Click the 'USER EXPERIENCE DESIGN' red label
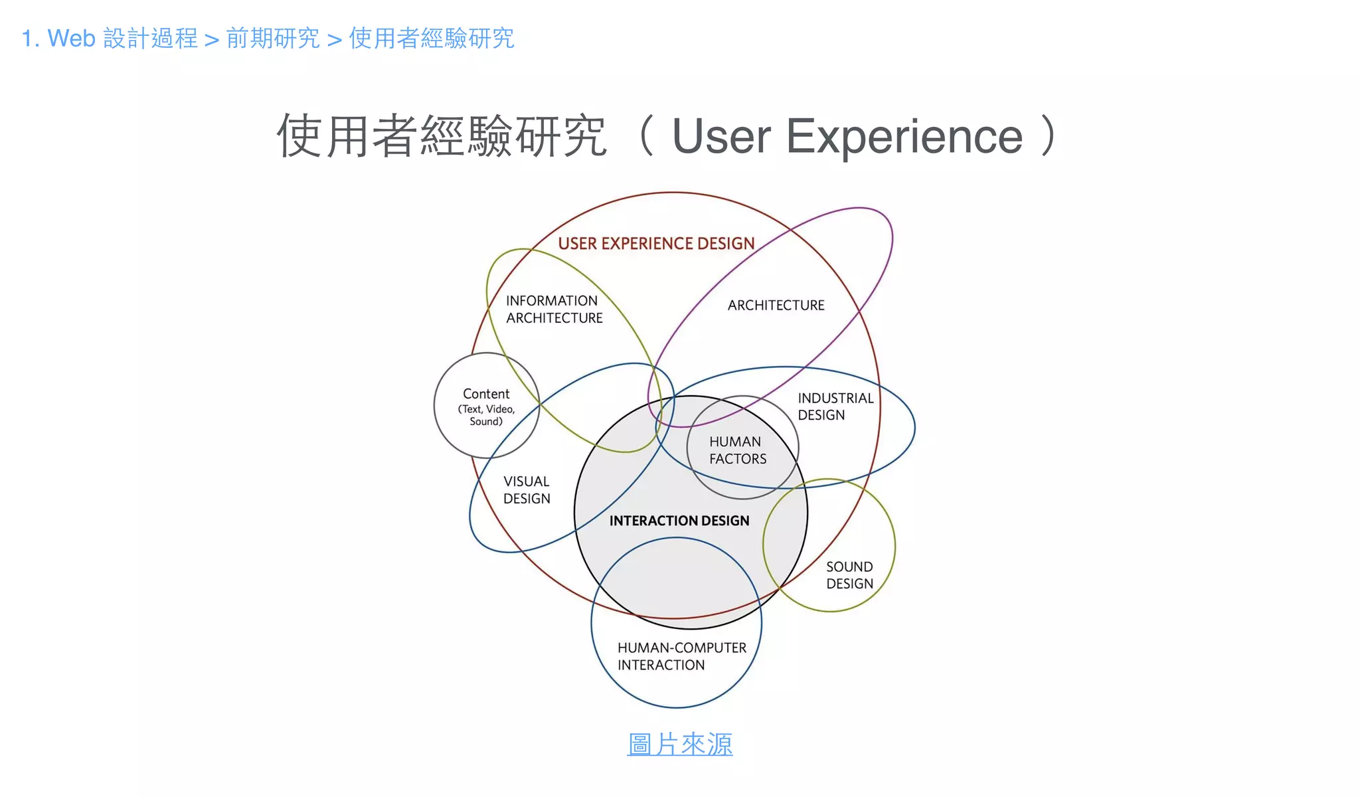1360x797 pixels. point(656,244)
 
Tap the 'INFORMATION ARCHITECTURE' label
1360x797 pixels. point(554,310)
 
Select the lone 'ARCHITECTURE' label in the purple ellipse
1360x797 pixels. point(776,306)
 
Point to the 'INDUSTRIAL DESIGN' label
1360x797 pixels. point(835,406)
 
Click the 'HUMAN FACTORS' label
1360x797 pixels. point(737,450)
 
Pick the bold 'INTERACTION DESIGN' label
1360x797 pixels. point(679,521)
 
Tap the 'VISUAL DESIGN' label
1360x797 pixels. point(527,490)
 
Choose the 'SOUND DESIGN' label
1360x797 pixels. point(849,575)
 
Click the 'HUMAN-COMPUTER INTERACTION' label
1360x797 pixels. point(681,656)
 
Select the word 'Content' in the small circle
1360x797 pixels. point(486,394)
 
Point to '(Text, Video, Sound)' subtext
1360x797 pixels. point(486,415)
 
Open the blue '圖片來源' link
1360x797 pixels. point(679,745)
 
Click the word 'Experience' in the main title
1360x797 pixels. point(904,136)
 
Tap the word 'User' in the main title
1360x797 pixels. point(721,136)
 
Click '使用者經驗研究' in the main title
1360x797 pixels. point(442,136)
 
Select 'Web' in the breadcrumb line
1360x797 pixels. point(72,39)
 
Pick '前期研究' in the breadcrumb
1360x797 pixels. point(273,39)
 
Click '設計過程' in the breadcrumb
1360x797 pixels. point(151,39)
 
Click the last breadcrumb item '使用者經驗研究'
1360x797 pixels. point(432,39)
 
